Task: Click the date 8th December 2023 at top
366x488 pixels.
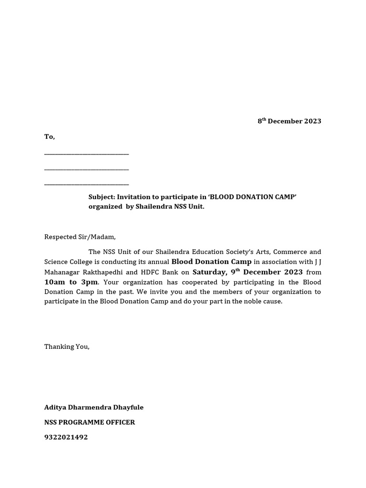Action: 289,121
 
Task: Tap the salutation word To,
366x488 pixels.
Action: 50,137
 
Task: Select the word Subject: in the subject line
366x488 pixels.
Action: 102,197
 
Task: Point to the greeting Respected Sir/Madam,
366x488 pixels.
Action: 80,237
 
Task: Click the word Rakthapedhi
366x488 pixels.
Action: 102,272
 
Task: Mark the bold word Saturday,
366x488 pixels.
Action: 208,272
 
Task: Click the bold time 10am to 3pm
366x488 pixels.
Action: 71,282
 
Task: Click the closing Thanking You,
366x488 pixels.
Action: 67,346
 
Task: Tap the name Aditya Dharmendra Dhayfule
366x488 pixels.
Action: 94,407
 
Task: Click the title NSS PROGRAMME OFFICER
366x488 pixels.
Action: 90,422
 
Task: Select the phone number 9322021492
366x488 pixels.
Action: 66,437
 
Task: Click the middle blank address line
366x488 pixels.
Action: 86,169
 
